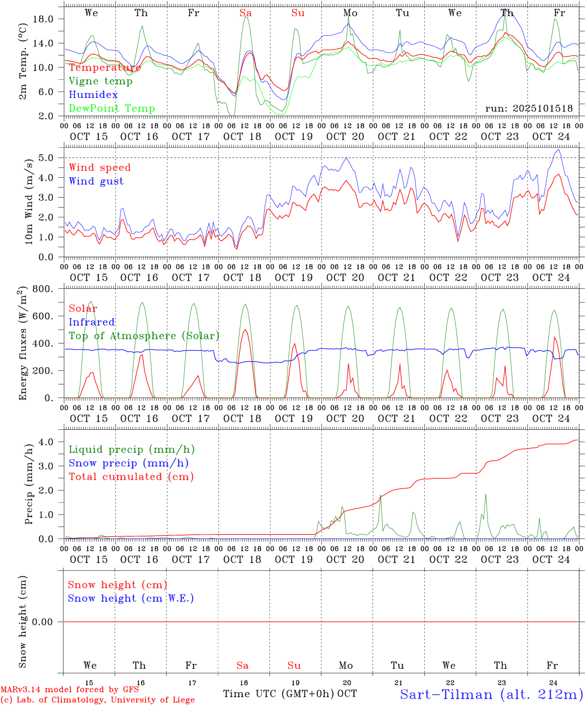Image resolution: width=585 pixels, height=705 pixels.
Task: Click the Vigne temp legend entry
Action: (x=100, y=81)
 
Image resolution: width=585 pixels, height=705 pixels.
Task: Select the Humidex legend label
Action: (x=93, y=95)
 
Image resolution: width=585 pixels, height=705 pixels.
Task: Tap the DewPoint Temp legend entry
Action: (x=112, y=109)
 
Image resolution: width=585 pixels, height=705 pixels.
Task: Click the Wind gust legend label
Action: (x=96, y=181)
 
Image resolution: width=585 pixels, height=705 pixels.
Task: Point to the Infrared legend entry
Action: (x=92, y=322)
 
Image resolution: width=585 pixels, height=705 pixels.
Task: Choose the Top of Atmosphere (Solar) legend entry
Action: (x=144, y=336)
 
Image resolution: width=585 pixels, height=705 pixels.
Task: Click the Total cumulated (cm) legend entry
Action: (x=131, y=477)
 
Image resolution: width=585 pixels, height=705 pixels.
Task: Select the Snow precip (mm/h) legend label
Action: (x=128, y=463)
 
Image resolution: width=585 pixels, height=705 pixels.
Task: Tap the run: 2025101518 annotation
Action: (x=529, y=109)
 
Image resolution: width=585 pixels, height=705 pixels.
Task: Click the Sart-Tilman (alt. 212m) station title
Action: (x=491, y=694)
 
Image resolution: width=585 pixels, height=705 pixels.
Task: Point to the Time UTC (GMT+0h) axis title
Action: (x=279, y=694)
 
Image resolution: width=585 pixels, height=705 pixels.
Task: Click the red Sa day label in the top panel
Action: (x=245, y=13)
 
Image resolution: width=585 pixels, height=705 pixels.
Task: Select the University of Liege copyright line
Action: (x=97, y=700)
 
